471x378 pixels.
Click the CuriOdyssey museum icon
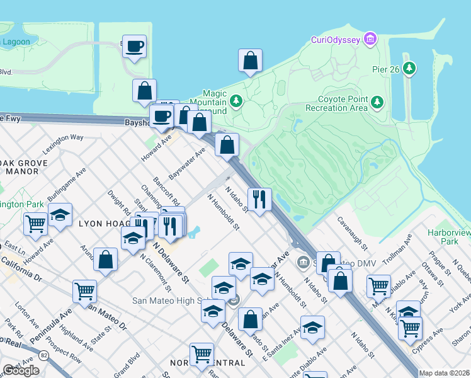click(x=370, y=40)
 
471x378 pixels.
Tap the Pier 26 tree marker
click(x=411, y=68)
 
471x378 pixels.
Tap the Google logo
click(x=21, y=370)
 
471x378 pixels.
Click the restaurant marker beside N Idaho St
click(x=259, y=200)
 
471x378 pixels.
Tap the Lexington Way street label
click(x=63, y=145)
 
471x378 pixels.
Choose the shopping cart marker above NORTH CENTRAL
click(x=201, y=353)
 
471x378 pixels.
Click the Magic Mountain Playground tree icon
click(x=236, y=100)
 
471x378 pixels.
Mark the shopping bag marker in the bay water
click(x=250, y=61)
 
